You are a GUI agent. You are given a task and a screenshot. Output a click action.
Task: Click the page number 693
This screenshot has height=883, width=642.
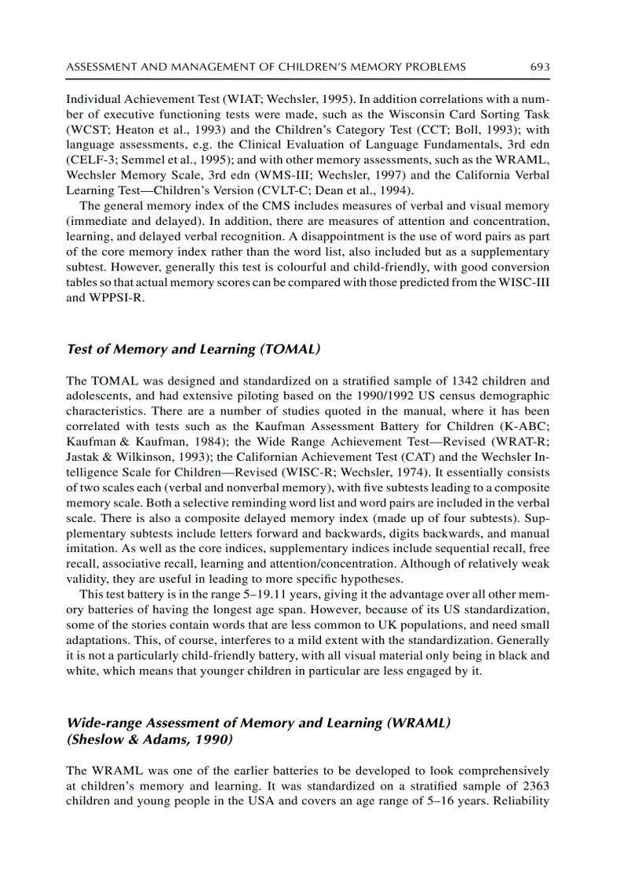tap(540, 67)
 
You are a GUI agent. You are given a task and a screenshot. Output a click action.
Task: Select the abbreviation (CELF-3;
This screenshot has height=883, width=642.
tap(90, 160)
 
